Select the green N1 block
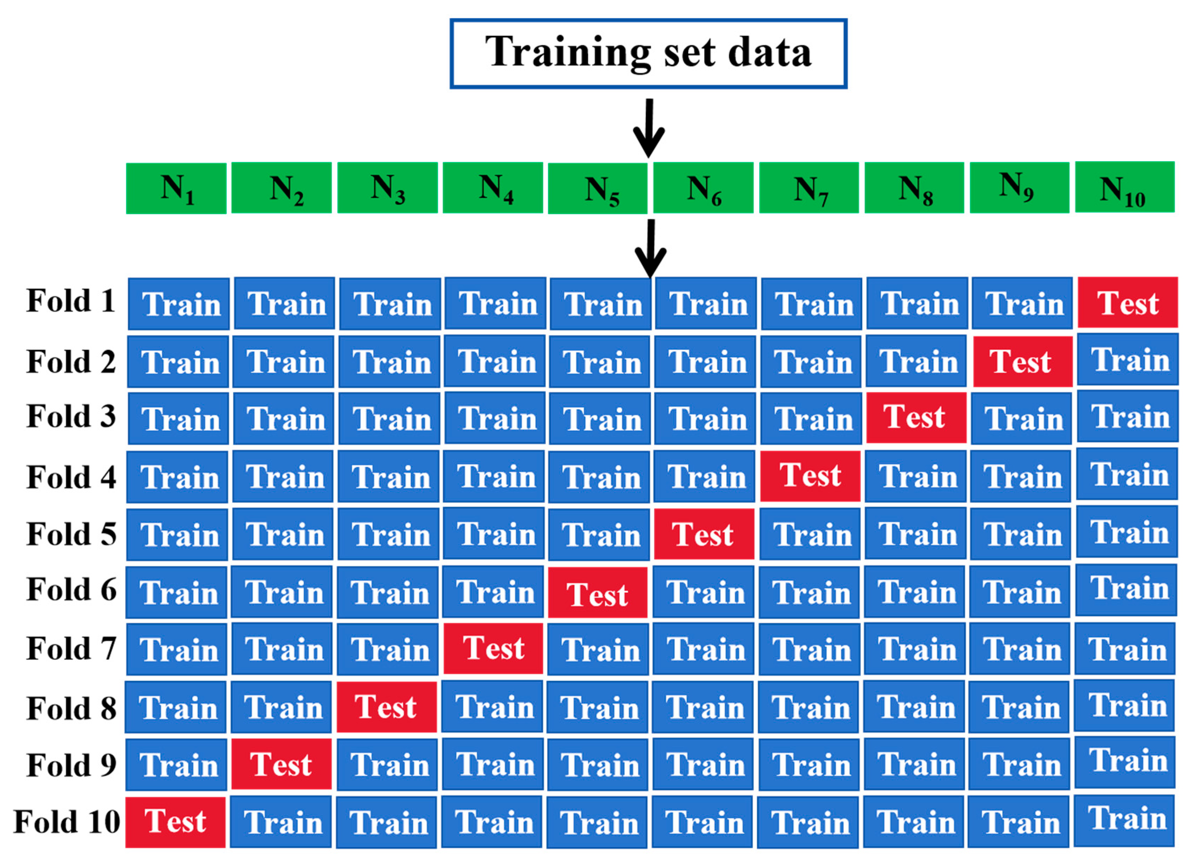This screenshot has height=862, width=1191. click(176, 188)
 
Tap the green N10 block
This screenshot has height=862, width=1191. click(1124, 187)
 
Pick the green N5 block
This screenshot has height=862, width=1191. click(598, 188)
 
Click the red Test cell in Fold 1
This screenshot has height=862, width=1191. click(1128, 303)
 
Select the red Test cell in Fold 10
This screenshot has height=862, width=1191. click(175, 822)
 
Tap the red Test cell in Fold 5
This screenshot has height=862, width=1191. click(704, 534)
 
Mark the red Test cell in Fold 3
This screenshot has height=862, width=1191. click(916, 417)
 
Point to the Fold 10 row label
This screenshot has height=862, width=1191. click(67, 822)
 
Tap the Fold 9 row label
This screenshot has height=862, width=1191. click(71, 765)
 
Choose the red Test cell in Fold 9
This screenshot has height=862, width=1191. click(281, 764)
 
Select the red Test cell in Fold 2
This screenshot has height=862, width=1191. click(1022, 362)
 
